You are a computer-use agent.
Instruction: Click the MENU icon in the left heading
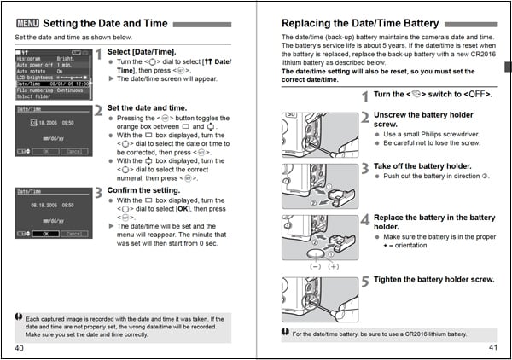[x=26, y=23]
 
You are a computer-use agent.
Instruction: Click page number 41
[x=492, y=348]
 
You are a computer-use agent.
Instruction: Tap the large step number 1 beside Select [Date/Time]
[x=98, y=54]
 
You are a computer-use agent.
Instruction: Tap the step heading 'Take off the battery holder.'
[x=422, y=165]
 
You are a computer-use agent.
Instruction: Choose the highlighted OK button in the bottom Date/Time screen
[x=45, y=233]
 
